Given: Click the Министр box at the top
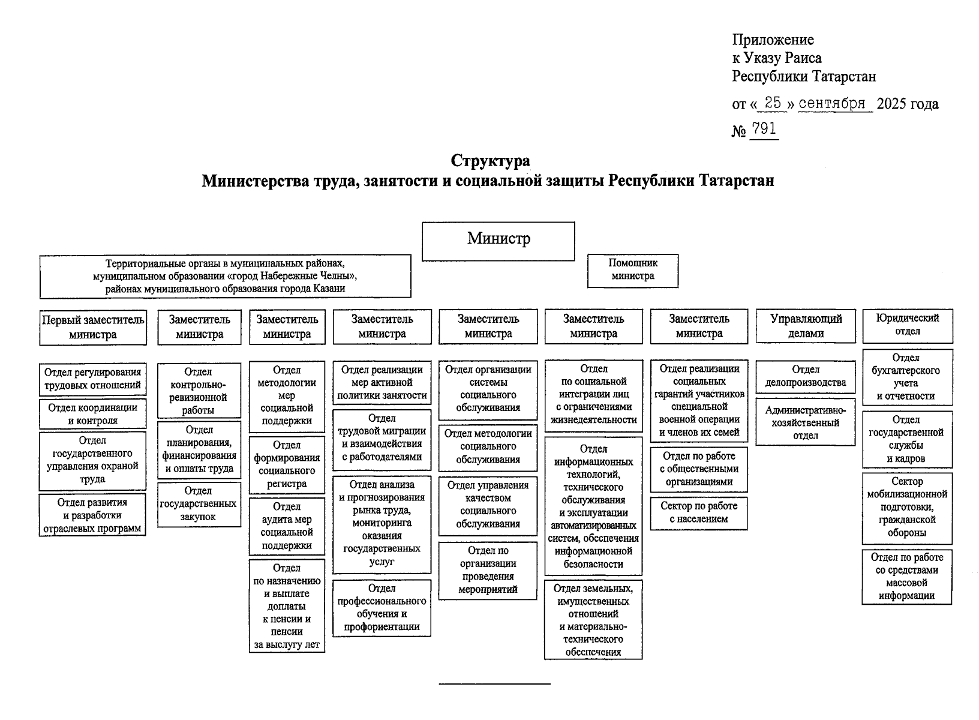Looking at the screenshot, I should [x=498, y=241].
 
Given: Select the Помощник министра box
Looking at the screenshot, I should [x=633, y=270].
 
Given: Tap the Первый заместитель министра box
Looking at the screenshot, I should [x=93, y=328].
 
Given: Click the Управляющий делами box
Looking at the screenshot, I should [x=806, y=326].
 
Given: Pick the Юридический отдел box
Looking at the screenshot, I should [x=907, y=325].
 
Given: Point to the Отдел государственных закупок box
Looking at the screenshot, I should [x=199, y=504].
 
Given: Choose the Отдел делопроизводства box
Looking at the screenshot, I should [x=806, y=376].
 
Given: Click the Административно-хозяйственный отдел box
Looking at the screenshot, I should [x=806, y=423].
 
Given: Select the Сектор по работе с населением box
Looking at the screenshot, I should [x=699, y=513].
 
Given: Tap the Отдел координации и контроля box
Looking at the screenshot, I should [x=93, y=414].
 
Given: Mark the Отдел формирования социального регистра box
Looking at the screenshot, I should [x=287, y=464].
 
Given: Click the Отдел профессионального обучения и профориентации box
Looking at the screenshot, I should [x=382, y=608].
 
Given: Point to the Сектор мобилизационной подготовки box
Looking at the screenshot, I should [x=907, y=508].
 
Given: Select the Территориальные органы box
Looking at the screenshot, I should [x=226, y=277].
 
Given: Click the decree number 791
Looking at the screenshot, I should [x=764, y=130].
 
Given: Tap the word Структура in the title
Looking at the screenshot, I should [x=490, y=161].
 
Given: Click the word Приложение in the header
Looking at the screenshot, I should [x=773, y=40].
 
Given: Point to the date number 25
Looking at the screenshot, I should [x=773, y=103].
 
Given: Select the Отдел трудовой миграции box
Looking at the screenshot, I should [x=382, y=438].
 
